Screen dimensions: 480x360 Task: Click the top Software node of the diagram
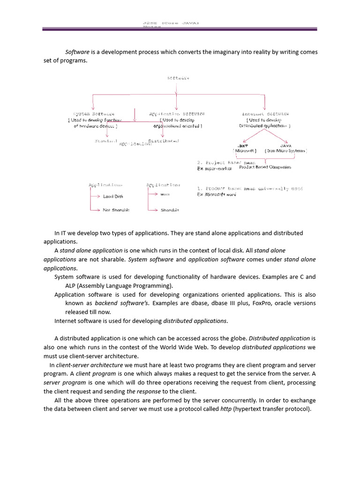point(178,78)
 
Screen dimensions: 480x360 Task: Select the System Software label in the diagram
point(94,114)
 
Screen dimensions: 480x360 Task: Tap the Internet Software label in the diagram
point(265,114)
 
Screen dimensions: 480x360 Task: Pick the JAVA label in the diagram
point(285,146)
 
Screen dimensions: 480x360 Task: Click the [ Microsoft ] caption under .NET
point(245,151)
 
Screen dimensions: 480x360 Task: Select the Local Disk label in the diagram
point(113,196)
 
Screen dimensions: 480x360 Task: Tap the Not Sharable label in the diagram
point(116,210)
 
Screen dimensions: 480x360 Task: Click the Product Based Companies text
point(265,167)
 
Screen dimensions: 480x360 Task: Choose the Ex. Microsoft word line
point(217,194)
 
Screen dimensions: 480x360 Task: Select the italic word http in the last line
point(226,409)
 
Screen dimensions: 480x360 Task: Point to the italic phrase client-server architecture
point(90,365)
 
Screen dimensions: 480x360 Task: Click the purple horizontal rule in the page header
point(180,30)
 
